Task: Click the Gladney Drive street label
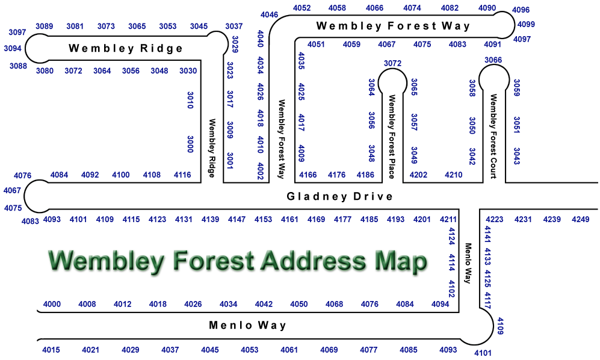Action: click(x=339, y=196)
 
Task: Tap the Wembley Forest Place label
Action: click(x=391, y=137)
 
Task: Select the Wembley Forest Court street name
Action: click(x=493, y=137)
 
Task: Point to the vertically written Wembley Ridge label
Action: click(x=212, y=148)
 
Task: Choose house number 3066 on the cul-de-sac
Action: click(x=493, y=60)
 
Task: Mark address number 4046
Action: click(x=270, y=14)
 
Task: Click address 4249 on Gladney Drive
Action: click(x=581, y=220)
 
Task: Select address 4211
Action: click(x=448, y=220)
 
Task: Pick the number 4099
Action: click(x=526, y=25)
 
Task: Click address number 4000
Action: click(x=52, y=304)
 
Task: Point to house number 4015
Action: click(x=51, y=350)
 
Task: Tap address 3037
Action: click(x=234, y=26)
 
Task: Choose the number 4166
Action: click(x=308, y=175)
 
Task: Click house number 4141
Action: click(x=487, y=234)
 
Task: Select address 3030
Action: click(x=188, y=71)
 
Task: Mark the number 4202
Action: click(x=418, y=175)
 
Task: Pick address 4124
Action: click(x=452, y=235)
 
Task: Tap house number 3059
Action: click(x=516, y=88)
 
